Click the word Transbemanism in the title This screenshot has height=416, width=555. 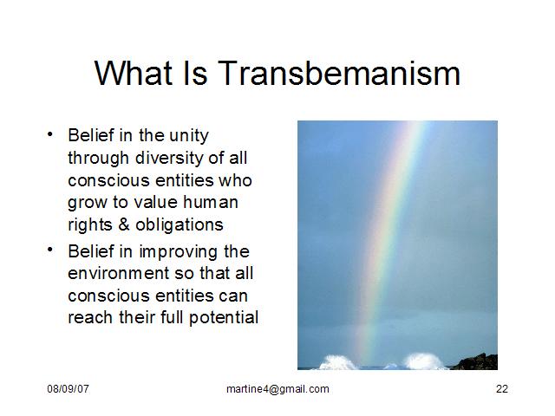pyautogui.click(x=339, y=73)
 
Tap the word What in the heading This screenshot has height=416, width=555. pyautogui.click(x=134, y=73)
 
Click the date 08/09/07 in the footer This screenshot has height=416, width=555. pyautogui.click(x=68, y=389)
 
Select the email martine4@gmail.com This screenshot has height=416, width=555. pyautogui.click(x=277, y=389)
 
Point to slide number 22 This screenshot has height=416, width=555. pyautogui.click(x=502, y=389)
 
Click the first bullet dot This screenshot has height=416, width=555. pyautogui.click(x=50, y=134)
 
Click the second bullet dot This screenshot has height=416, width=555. pyautogui.click(x=50, y=250)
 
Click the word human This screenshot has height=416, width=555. pyautogui.click(x=211, y=202)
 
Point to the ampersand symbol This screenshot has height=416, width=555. pyautogui.click(x=124, y=224)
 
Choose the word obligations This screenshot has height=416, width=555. pyautogui.click(x=180, y=225)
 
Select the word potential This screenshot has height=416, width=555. pyautogui.click(x=224, y=318)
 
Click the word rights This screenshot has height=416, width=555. pyautogui.click(x=90, y=225)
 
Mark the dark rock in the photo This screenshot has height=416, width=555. pyautogui.click(x=476, y=362)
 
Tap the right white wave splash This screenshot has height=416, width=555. pyautogui.click(x=423, y=361)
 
